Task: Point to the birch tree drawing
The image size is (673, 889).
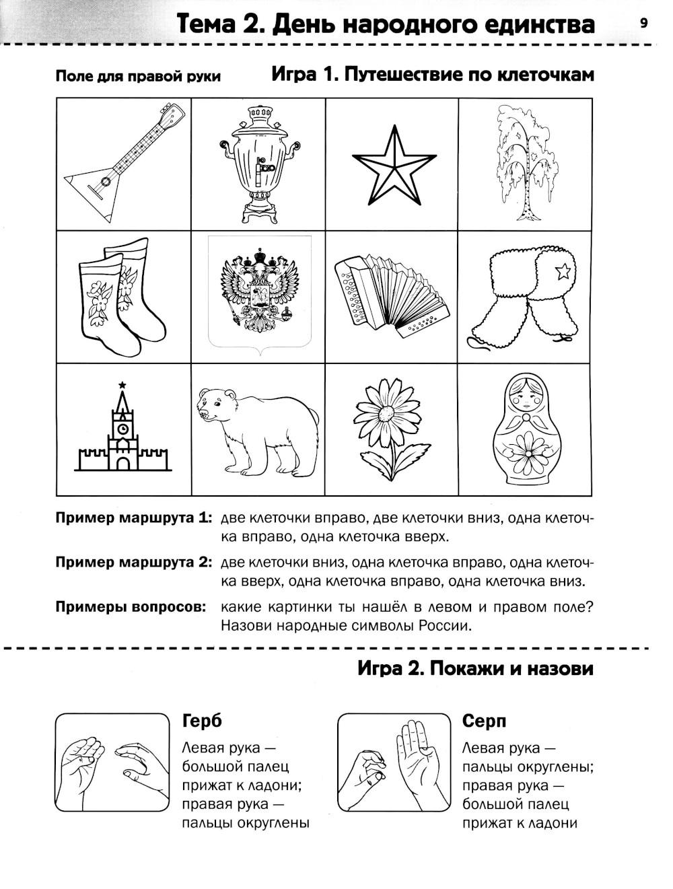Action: tap(525, 162)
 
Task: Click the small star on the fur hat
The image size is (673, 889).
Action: tap(563, 272)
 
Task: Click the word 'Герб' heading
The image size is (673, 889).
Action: tap(201, 721)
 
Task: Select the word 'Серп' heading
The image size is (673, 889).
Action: tap(485, 721)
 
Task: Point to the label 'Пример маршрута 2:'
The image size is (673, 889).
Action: tap(134, 562)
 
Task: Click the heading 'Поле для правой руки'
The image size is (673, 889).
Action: tap(138, 76)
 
